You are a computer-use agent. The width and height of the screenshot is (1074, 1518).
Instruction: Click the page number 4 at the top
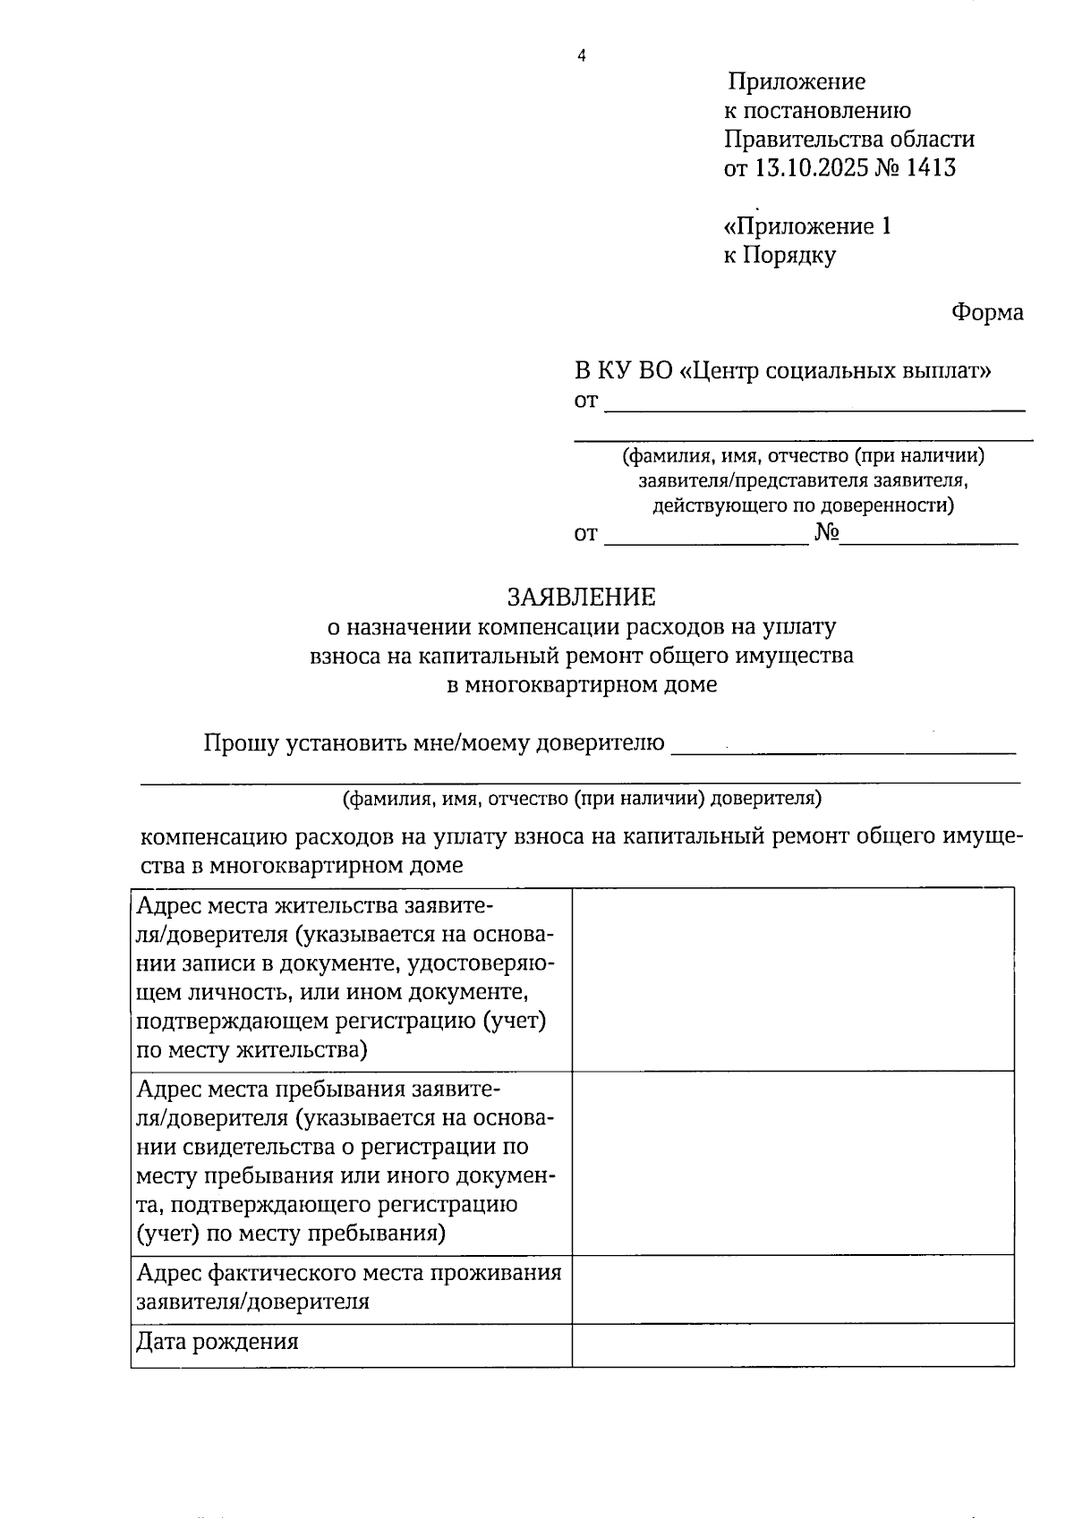click(582, 56)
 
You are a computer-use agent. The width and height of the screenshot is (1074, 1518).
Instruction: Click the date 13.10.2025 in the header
click(812, 167)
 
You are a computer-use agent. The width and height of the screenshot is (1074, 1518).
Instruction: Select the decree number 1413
click(931, 167)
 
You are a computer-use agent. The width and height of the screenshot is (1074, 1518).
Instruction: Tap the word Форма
click(987, 312)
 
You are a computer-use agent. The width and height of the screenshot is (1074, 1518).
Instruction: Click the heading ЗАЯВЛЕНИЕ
click(582, 597)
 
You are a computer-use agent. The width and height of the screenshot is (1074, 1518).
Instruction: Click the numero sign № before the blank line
click(827, 534)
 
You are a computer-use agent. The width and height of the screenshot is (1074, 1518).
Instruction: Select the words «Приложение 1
click(807, 225)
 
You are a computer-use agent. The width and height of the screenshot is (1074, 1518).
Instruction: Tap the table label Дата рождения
click(217, 1342)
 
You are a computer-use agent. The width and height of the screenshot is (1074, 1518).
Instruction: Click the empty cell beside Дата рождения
click(793, 1344)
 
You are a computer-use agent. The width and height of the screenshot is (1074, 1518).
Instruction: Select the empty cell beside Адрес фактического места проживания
click(793, 1288)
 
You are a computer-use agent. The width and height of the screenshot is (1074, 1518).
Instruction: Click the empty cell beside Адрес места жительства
click(793, 979)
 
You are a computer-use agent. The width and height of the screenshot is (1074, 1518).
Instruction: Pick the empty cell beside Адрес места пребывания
click(793, 1162)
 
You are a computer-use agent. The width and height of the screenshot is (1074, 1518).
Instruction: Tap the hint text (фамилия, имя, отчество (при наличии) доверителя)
click(582, 798)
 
